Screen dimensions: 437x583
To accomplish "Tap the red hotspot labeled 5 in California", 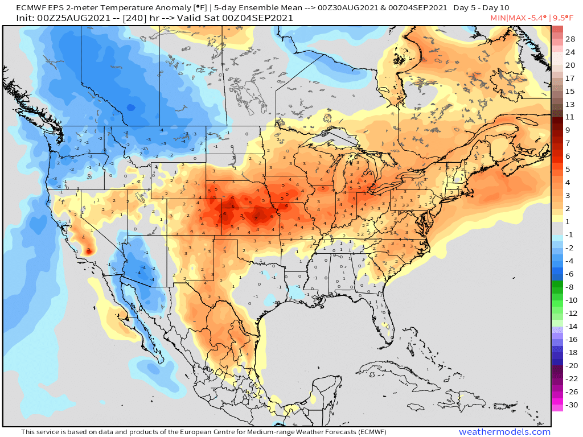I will coord(88,249).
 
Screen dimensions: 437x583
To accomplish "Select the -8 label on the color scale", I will coord(569,287).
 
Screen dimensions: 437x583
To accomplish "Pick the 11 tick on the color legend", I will coord(570,117).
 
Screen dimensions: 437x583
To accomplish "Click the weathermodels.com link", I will coord(504,432).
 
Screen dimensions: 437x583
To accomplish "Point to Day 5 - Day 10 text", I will coord(481,8).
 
